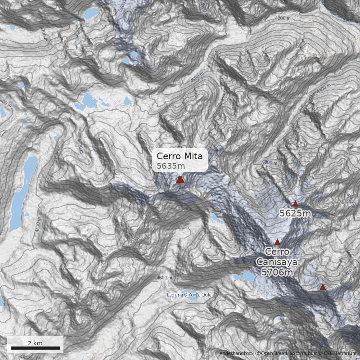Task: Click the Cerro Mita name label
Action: coord(180,156)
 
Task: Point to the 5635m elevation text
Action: coord(171,166)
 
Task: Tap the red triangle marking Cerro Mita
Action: coord(180,180)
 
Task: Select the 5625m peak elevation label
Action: coord(295,213)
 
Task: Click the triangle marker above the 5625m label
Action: coord(295,204)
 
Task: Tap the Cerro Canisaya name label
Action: coord(277,256)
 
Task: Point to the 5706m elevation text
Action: coord(277,272)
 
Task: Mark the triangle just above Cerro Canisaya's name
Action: coord(277,241)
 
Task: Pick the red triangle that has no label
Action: coord(323,287)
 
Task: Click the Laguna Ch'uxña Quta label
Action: coord(189,295)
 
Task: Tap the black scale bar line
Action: coord(35,348)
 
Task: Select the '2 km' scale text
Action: coord(35,343)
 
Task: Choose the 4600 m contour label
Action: coord(165,278)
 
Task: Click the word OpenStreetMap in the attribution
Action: coord(279,353)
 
